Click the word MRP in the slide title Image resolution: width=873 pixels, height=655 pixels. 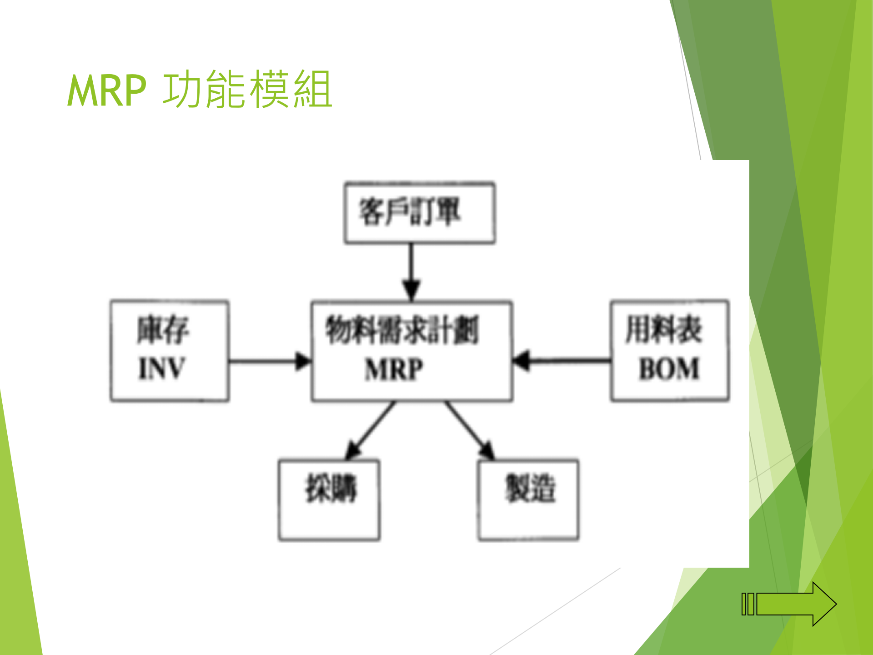click(107, 91)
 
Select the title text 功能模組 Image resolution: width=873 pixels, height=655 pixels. click(247, 90)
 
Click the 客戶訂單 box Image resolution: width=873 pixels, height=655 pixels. click(419, 213)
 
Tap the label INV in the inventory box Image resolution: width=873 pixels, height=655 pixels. click(162, 368)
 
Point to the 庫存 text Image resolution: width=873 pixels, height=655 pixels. click(163, 330)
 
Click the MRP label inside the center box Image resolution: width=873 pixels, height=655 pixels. click(394, 369)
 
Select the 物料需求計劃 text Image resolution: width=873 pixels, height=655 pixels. click(402, 330)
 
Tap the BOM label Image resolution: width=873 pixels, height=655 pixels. click(669, 368)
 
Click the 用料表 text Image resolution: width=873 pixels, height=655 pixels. click(664, 329)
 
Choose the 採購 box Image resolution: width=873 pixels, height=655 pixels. click(329, 499)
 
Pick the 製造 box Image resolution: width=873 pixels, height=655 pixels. click(528, 499)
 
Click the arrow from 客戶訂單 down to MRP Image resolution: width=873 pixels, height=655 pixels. click(411, 268)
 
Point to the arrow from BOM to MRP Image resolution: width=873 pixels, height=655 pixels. click(564, 361)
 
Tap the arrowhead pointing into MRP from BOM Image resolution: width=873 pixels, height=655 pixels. click(522, 361)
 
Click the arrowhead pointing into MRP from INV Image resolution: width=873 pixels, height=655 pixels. click(303, 362)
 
